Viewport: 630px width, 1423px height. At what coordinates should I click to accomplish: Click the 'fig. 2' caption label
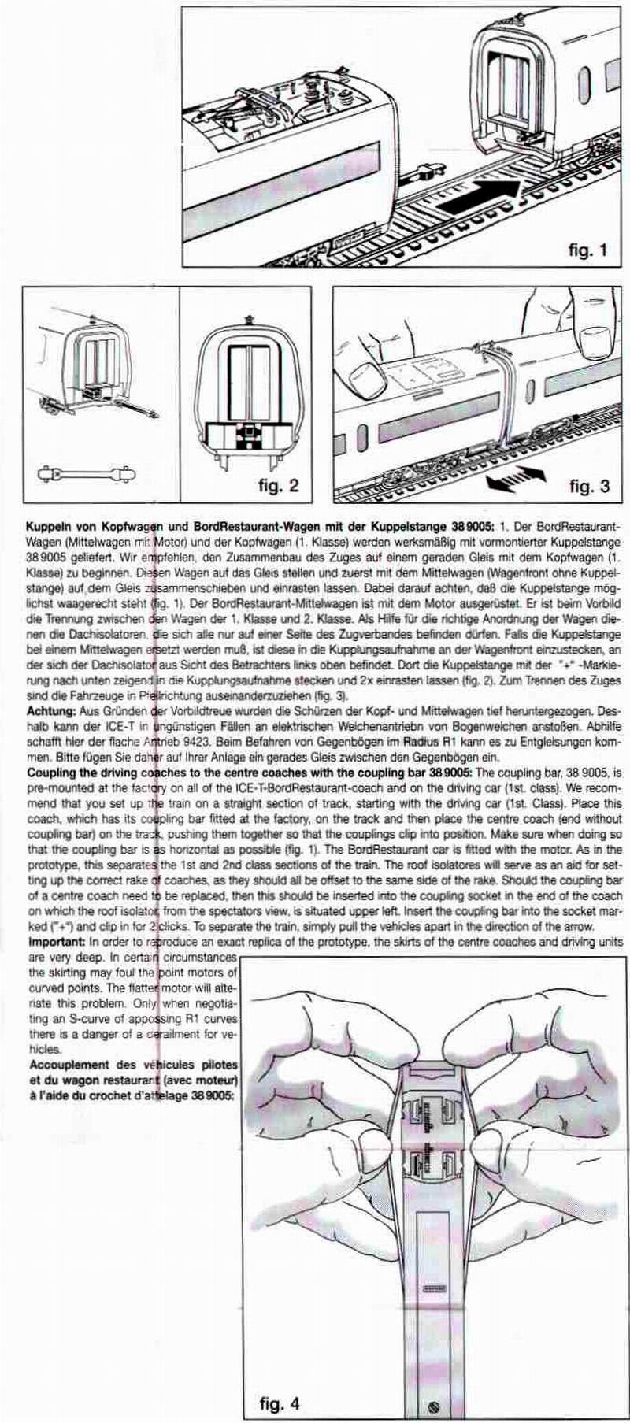click(x=278, y=485)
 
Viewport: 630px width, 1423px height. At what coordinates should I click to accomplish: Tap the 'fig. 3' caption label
click(x=589, y=485)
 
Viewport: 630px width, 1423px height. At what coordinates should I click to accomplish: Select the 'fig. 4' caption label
click(x=279, y=1403)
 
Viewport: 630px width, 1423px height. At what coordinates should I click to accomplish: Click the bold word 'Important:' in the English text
click(x=57, y=942)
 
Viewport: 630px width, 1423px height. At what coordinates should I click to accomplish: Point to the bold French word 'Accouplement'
click(x=68, y=1065)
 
